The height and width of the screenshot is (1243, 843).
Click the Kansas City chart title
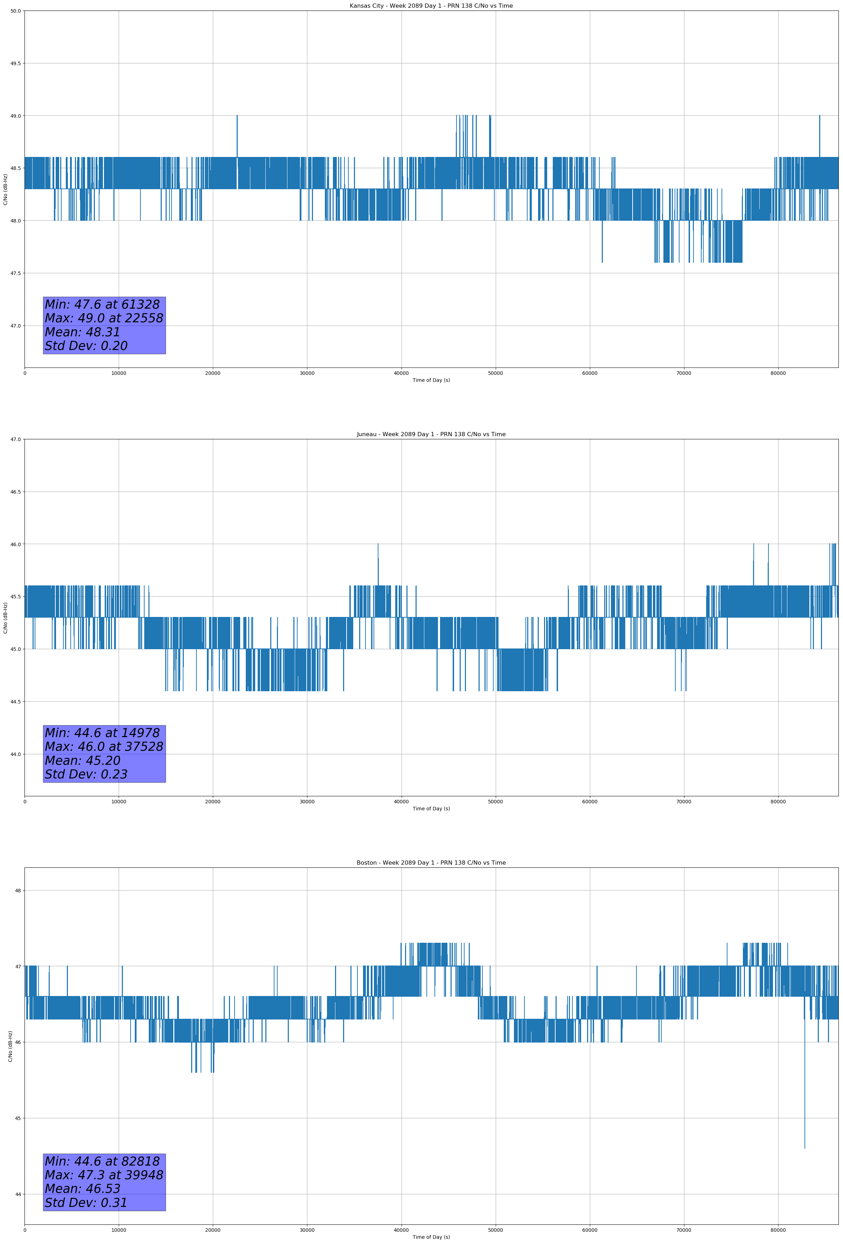(x=431, y=6)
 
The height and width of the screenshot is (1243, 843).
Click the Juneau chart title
(x=431, y=434)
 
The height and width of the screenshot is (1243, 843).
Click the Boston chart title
(x=431, y=863)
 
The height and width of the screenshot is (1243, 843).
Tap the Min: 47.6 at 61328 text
(x=102, y=304)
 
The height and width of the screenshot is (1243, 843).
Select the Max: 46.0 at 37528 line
(x=104, y=747)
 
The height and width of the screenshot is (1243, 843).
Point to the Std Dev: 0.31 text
(x=86, y=1203)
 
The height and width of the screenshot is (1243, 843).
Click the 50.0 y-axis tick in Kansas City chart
(x=15, y=11)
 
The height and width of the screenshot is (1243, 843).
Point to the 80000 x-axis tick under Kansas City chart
(x=778, y=373)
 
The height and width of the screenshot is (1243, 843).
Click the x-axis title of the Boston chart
(x=431, y=1237)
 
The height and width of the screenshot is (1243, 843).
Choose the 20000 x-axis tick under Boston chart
(x=213, y=1230)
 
